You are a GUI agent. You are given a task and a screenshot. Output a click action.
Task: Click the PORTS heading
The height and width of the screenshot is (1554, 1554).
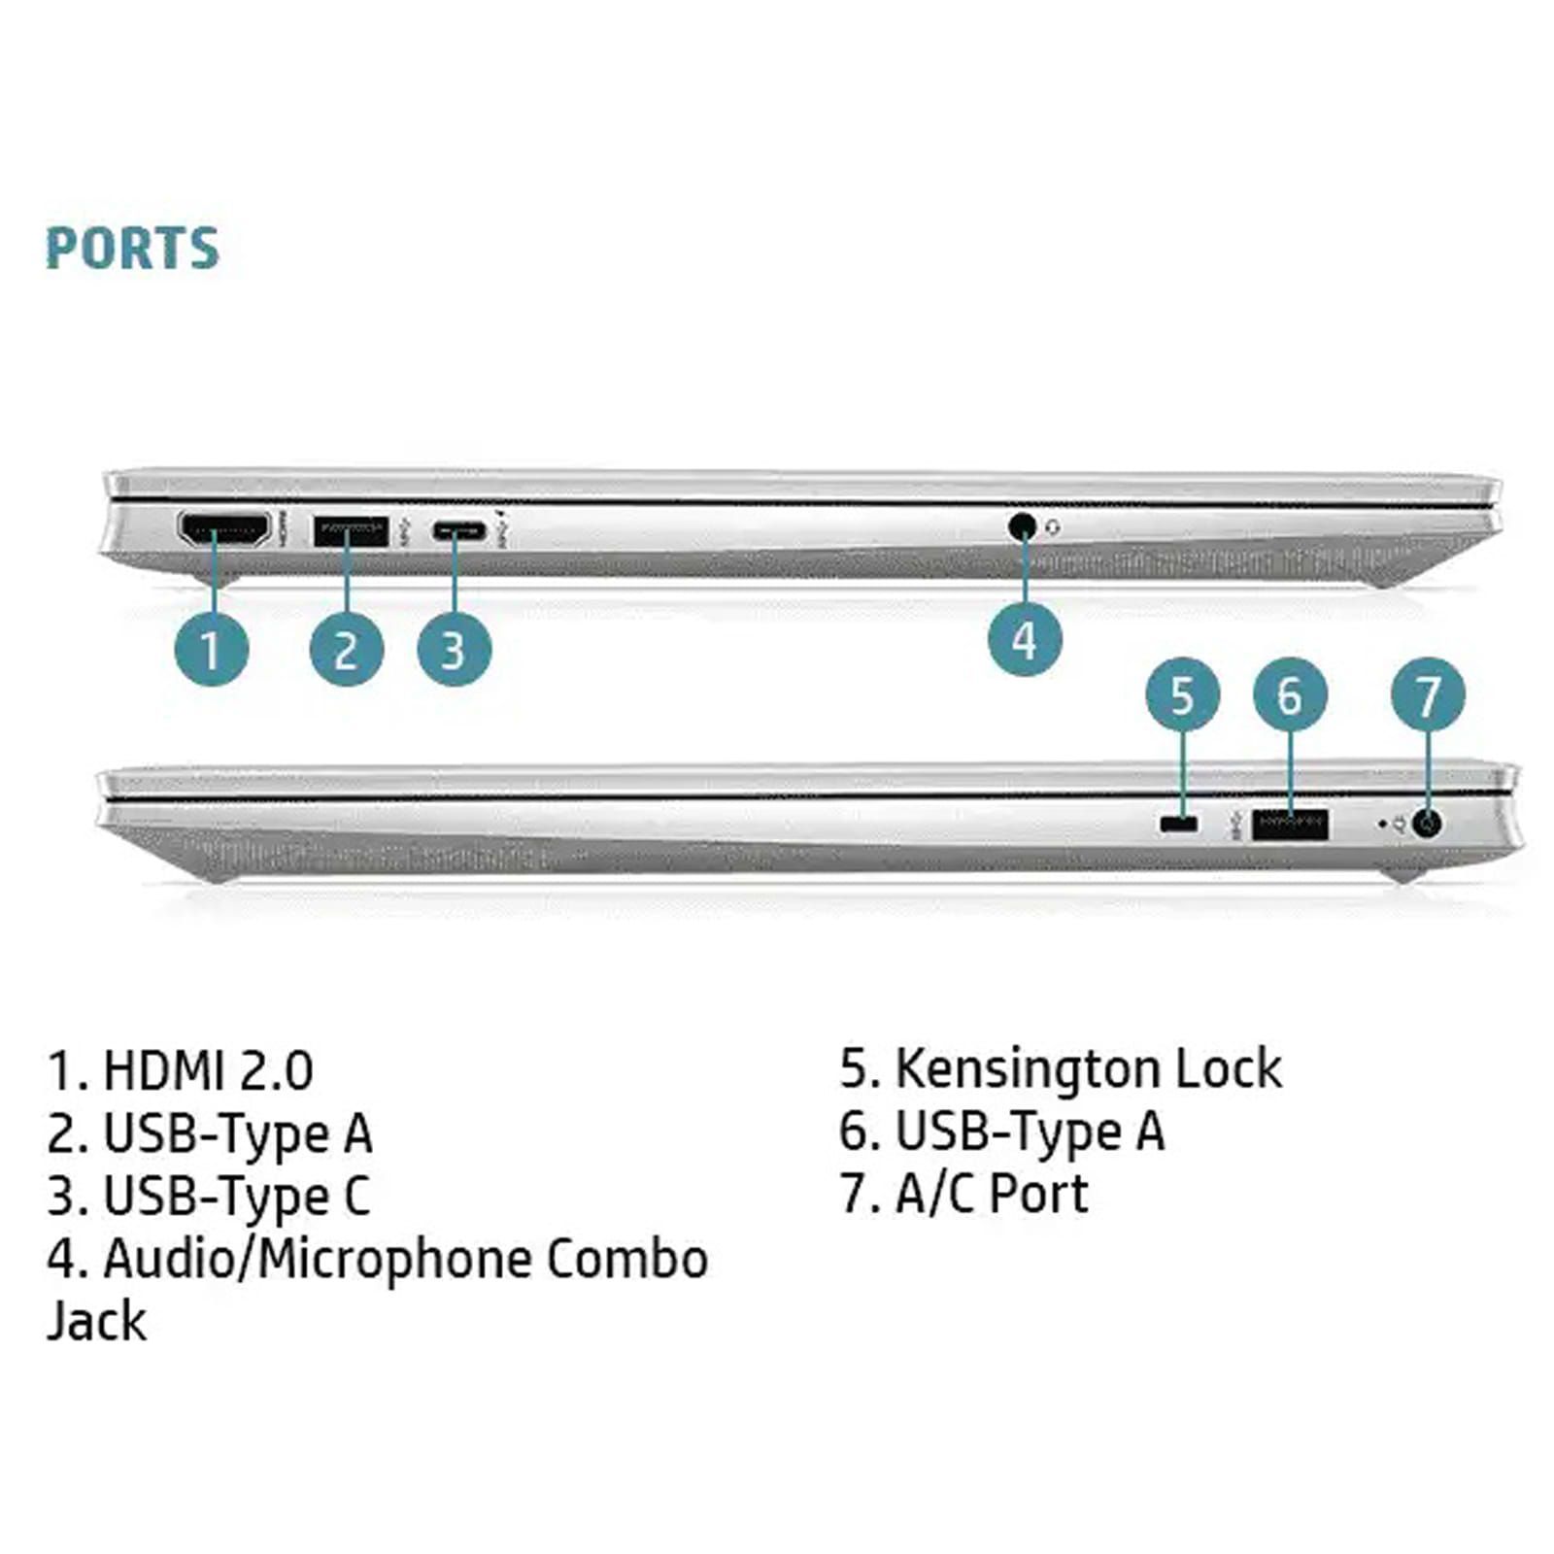pos(132,248)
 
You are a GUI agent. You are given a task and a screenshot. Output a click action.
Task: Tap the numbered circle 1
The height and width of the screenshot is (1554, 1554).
pos(211,649)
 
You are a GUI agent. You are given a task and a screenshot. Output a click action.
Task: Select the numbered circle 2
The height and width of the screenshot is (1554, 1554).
pos(347,649)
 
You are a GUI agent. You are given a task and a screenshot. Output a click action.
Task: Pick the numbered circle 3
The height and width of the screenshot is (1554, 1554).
pos(454,649)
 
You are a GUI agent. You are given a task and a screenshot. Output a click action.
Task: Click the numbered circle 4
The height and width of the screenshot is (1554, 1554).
pos(1025,640)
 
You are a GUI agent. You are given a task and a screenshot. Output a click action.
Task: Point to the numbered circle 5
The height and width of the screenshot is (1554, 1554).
pos(1182,694)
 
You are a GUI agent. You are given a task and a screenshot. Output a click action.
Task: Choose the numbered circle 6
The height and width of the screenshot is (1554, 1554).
pos(1289,694)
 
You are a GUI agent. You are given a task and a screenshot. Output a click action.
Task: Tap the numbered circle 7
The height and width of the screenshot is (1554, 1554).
pos(1428,694)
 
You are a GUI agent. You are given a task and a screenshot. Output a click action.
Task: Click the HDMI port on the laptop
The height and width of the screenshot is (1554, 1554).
pos(223,529)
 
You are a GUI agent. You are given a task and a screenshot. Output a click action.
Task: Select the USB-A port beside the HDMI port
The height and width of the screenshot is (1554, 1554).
pos(351,530)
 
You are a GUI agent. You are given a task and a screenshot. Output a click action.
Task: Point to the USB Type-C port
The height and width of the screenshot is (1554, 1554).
pos(459,530)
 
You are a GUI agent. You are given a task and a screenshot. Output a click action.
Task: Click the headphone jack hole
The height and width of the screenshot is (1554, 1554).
pos(1021,526)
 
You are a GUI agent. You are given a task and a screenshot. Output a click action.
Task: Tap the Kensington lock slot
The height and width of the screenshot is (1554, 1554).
pos(1179,824)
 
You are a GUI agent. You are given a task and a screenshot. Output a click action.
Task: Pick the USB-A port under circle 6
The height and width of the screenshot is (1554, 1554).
pos(1290,824)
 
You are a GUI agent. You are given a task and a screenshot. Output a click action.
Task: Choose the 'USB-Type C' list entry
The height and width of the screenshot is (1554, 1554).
pos(236,1196)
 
